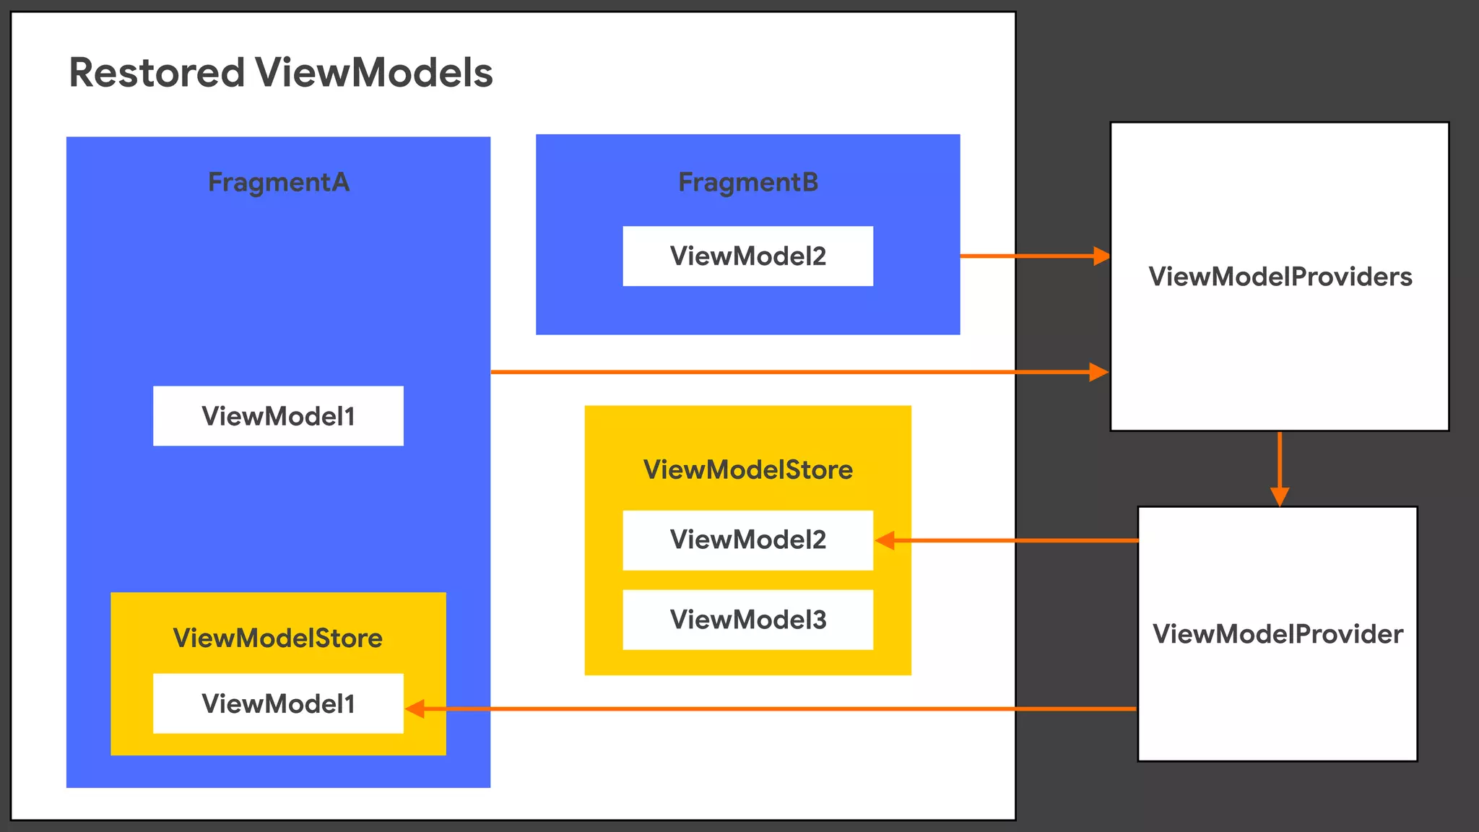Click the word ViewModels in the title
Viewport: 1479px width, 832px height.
373,73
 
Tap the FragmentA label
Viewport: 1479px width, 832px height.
279,182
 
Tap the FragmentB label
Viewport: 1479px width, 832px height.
748,182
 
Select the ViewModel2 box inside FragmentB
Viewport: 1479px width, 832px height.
748,256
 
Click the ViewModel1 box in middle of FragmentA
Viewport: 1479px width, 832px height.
278,416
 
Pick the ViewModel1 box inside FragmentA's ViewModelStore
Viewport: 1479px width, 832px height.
278,703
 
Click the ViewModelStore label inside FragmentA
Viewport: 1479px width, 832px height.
278,638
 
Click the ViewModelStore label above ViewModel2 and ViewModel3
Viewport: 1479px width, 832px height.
748,469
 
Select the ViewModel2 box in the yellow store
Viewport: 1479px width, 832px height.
748,540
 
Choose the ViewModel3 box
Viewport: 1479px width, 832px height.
748,620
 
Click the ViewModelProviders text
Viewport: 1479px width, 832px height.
1280,277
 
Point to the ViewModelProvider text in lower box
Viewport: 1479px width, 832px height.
1278,634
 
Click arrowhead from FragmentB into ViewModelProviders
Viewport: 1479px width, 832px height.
1101,256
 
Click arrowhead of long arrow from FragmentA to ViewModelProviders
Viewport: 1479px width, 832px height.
1098,372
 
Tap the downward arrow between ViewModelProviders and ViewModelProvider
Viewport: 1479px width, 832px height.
1280,469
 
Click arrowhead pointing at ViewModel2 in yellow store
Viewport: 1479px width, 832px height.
885,540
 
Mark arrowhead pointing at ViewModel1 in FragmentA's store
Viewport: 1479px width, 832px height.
415,708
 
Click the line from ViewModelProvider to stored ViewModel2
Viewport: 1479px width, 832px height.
1011,540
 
